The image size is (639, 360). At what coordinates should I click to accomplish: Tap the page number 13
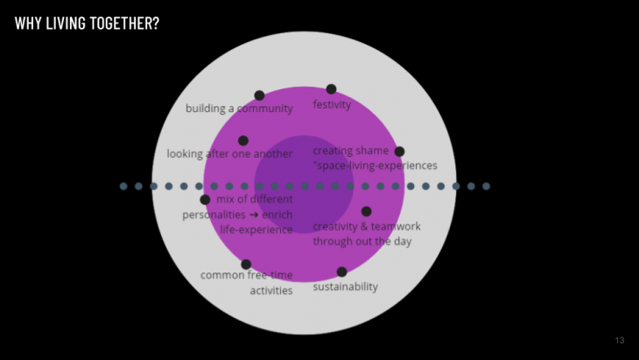tap(620, 341)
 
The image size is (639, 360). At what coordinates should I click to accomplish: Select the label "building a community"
tap(239, 109)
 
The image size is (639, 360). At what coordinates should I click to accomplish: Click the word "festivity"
tap(332, 105)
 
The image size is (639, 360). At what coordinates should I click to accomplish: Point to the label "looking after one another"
tap(229, 154)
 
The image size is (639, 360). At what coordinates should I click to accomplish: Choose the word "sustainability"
tap(346, 286)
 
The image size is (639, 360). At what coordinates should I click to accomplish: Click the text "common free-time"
tap(246, 275)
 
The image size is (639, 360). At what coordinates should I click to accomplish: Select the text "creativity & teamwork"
tap(367, 226)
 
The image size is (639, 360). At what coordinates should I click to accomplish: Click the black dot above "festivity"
tap(331, 89)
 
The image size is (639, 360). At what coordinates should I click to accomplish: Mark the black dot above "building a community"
tap(259, 95)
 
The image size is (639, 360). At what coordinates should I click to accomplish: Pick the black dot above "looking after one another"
tap(243, 140)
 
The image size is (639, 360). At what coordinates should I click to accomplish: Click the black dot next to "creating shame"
tap(399, 152)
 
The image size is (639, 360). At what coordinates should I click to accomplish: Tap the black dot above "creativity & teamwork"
tap(366, 211)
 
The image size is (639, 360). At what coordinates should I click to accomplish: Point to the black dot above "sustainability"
tap(341, 272)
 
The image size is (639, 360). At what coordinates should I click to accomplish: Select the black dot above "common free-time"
tap(246, 264)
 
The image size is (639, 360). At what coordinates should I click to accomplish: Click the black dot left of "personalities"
tap(205, 200)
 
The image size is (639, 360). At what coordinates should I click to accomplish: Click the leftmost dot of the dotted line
tap(123, 186)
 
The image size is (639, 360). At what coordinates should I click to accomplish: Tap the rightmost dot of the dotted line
tap(486, 186)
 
